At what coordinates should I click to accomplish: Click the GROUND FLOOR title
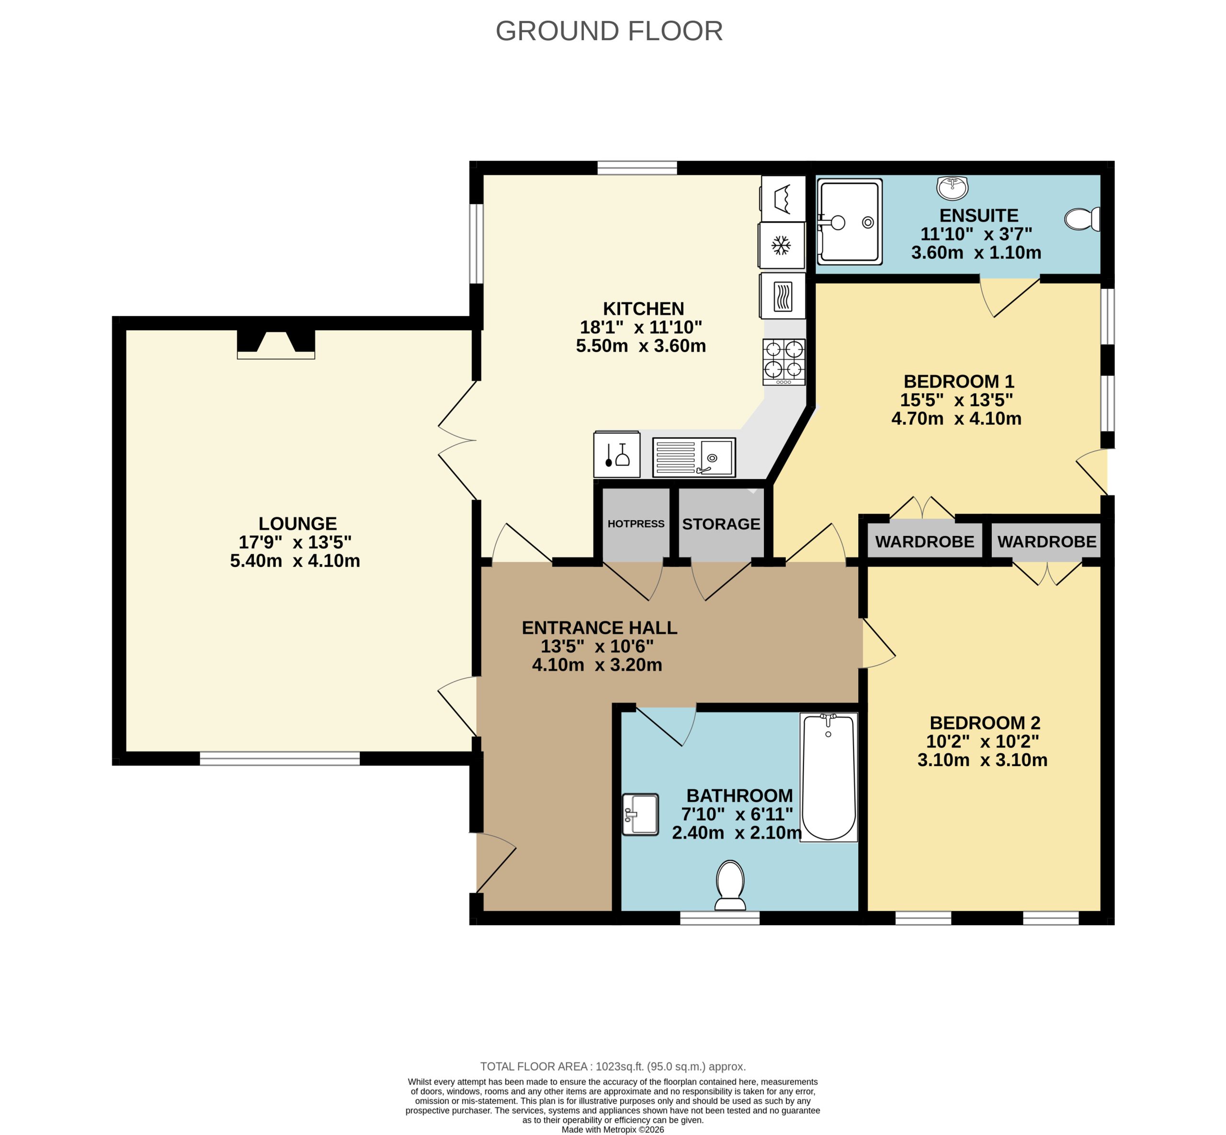(609, 31)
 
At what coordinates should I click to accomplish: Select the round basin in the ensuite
(952, 187)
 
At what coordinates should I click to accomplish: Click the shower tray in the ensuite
(849, 222)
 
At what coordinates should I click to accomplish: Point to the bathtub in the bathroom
(828, 776)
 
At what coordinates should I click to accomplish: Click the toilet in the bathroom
(730, 885)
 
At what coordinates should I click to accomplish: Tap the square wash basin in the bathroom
(640, 815)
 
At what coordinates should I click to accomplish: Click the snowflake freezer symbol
(781, 246)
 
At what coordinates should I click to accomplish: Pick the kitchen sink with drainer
(693, 457)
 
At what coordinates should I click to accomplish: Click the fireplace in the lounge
(276, 344)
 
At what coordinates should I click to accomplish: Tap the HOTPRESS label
(636, 524)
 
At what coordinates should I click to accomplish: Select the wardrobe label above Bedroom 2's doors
(1046, 542)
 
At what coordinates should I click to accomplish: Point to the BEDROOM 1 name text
(958, 381)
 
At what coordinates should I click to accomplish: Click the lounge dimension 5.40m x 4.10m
(295, 561)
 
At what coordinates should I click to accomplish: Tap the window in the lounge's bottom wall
(280, 759)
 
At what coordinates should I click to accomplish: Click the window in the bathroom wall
(719, 918)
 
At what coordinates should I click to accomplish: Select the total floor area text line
(613, 1067)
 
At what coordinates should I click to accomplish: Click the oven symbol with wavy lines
(782, 296)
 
